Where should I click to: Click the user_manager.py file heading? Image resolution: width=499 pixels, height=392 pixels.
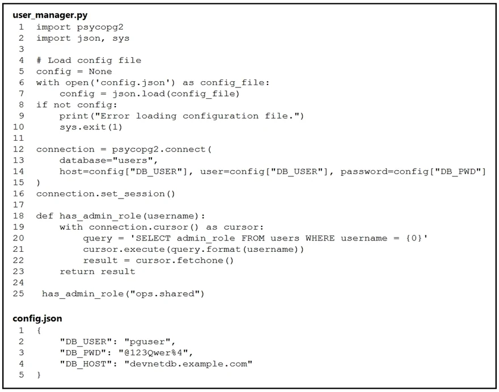pyautogui.click(x=50, y=15)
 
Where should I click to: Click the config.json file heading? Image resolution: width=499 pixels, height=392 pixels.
pyautogui.click(x=37, y=319)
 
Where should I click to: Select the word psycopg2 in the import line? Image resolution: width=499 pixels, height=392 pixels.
pyautogui.click(x=100, y=27)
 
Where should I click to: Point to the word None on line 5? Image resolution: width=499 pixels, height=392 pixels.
pyautogui.click(x=100, y=71)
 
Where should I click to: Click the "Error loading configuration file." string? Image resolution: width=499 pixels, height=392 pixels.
pyautogui.click(x=196, y=116)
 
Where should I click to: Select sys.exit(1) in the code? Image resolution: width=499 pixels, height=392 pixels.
pyautogui.click(x=91, y=127)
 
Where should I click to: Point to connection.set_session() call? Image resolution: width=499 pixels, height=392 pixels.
pyautogui.click(x=105, y=194)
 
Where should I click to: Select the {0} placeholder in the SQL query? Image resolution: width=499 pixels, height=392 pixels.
pyautogui.click(x=414, y=238)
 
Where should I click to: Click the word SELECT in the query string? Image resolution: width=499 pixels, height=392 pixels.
pyautogui.click(x=153, y=238)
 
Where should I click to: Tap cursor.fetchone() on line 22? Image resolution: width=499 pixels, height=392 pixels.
pyautogui.click(x=185, y=260)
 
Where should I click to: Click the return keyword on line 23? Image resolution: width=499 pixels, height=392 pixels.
pyautogui.click(x=77, y=272)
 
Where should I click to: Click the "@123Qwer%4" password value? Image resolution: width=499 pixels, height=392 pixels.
pyautogui.click(x=153, y=352)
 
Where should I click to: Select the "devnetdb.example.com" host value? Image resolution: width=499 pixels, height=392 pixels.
pyautogui.click(x=188, y=364)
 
